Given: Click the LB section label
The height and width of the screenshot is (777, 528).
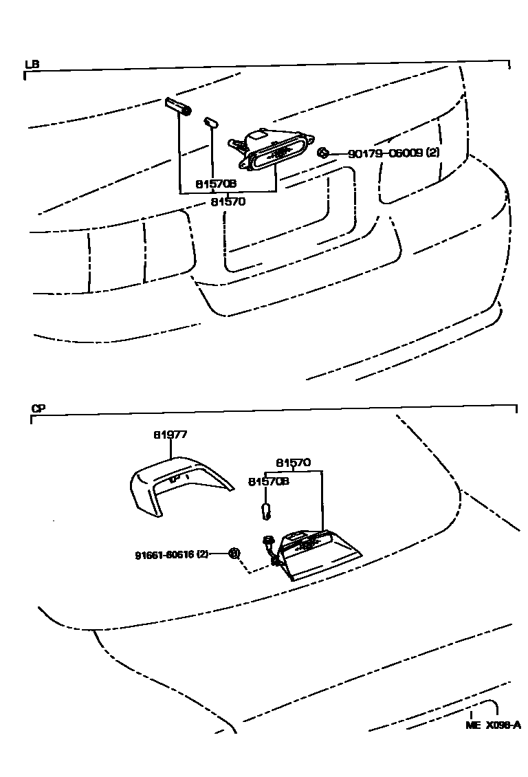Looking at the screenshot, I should pos(32,65).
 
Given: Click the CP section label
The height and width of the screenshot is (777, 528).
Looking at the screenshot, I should pos(38,408).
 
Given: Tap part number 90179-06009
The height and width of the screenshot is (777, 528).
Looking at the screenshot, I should pos(384,153).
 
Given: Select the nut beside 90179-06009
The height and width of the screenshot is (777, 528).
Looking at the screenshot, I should pos(323,153).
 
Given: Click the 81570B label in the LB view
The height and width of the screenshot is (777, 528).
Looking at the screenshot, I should pos(216,184).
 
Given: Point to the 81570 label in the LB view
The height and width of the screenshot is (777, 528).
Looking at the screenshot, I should pos(228,201).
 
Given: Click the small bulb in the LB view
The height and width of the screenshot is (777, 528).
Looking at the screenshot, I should pos(210,123).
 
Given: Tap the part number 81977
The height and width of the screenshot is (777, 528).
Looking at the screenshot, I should pos(170,435).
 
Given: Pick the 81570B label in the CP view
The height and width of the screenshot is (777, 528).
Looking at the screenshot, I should pos(268,481).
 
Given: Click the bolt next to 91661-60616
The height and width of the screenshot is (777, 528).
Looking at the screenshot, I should pos(234,553).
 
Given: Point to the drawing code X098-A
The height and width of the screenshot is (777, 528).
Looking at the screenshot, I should pos(504,725).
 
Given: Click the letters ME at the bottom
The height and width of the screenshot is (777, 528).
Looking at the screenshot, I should pos(472,725).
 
